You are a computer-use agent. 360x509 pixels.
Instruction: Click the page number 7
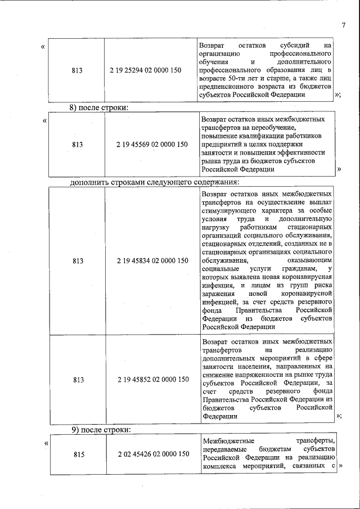tap(343, 24)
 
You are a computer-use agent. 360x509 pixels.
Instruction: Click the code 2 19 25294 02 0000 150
tap(153, 70)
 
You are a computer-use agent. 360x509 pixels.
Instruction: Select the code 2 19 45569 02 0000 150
tap(153, 145)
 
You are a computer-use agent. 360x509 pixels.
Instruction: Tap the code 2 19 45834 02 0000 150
tap(153, 261)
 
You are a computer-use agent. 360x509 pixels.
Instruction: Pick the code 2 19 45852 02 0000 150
tap(153, 380)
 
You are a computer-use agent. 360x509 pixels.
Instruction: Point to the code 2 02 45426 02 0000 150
tap(153, 453)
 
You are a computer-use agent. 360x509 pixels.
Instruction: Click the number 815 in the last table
tap(78, 453)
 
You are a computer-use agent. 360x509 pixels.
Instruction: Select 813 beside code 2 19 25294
tap(78, 70)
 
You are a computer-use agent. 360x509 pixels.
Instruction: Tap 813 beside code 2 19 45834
tap(78, 261)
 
